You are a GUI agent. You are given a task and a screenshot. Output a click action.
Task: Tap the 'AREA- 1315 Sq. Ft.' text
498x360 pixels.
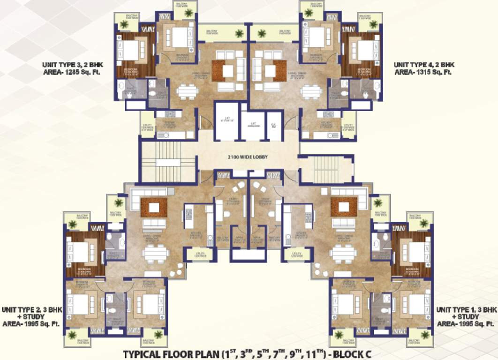(423, 72)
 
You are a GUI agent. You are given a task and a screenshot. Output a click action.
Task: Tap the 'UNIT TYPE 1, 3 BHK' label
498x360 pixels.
(466, 310)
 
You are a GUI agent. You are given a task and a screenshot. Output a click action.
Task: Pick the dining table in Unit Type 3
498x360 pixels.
(187, 90)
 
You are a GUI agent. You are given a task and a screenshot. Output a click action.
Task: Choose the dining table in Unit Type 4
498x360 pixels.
(310, 91)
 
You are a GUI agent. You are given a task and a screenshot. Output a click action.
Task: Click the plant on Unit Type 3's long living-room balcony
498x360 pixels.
(239, 33)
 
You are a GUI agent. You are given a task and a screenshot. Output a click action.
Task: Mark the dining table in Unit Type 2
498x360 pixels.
(155, 254)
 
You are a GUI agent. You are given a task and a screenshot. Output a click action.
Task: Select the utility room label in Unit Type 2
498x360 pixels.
(200, 255)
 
